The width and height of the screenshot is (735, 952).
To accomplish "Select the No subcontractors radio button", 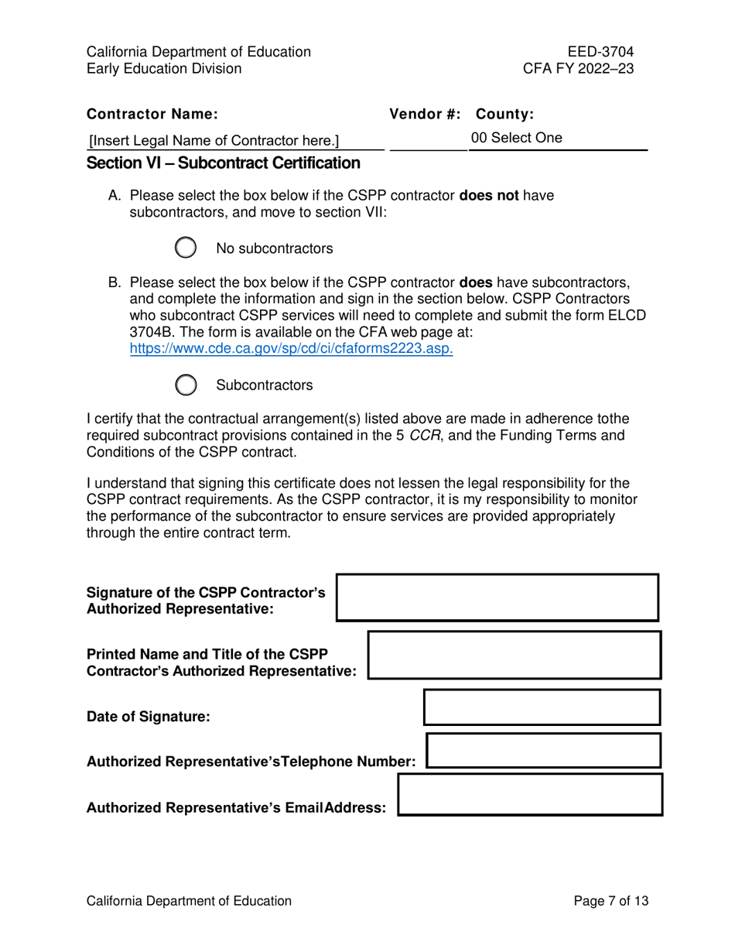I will click(186, 248).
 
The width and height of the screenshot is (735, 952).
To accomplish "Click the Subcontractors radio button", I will click(186, 385).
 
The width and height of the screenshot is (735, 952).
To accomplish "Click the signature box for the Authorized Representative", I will click(497, 598).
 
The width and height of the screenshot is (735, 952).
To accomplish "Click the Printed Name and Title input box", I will click(514, 655).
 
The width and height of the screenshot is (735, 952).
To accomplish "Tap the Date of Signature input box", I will click(542, 707).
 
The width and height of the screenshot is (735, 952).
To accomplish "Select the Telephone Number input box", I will click(543, 751).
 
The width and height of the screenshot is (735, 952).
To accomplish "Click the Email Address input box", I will click(529, 795).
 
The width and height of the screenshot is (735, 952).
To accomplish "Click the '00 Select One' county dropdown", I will click(557, 139).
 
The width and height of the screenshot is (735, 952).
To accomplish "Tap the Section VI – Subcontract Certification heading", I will click(224, 163).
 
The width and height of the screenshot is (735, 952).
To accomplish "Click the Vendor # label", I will click(425, 115).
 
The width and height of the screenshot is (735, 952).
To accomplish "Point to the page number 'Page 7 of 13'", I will click(610, 901).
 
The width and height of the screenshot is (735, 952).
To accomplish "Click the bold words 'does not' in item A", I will click(489, 196).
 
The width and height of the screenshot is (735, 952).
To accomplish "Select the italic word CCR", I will click(424, 435).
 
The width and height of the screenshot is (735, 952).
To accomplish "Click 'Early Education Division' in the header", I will click(164, 69).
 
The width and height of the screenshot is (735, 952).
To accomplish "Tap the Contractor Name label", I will click(152, 115).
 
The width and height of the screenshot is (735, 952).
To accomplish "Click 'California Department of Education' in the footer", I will click(190, 901).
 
